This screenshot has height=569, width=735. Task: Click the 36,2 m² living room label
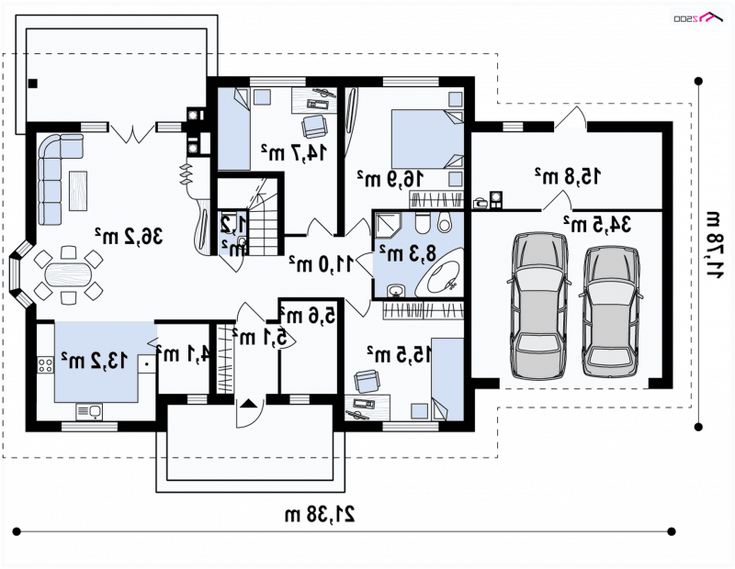pos(129,235)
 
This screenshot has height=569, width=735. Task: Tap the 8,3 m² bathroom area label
pos(408,253)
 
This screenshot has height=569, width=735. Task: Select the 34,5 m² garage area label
pos(597,224)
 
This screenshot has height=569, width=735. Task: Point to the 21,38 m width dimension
pos(320,514)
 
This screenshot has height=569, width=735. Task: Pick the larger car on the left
pos(539,306)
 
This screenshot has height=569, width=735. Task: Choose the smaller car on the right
pos(609,311)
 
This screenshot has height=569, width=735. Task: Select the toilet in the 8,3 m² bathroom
pos(422,222)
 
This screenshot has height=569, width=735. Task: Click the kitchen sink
pos(89,412)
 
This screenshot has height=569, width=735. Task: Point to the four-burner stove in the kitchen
pos(45,364)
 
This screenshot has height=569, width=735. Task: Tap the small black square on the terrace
pos(33,84)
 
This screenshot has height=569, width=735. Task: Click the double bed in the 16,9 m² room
pos(427,139)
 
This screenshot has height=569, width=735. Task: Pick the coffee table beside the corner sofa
pos(78,191)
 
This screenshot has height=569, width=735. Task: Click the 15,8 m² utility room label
pos(568,175)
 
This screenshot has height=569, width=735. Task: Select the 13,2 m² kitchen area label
pos(94,360)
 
